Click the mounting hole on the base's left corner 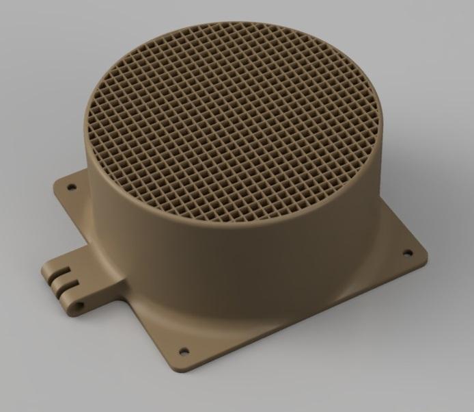point(69,185)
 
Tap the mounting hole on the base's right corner point(408,253)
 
